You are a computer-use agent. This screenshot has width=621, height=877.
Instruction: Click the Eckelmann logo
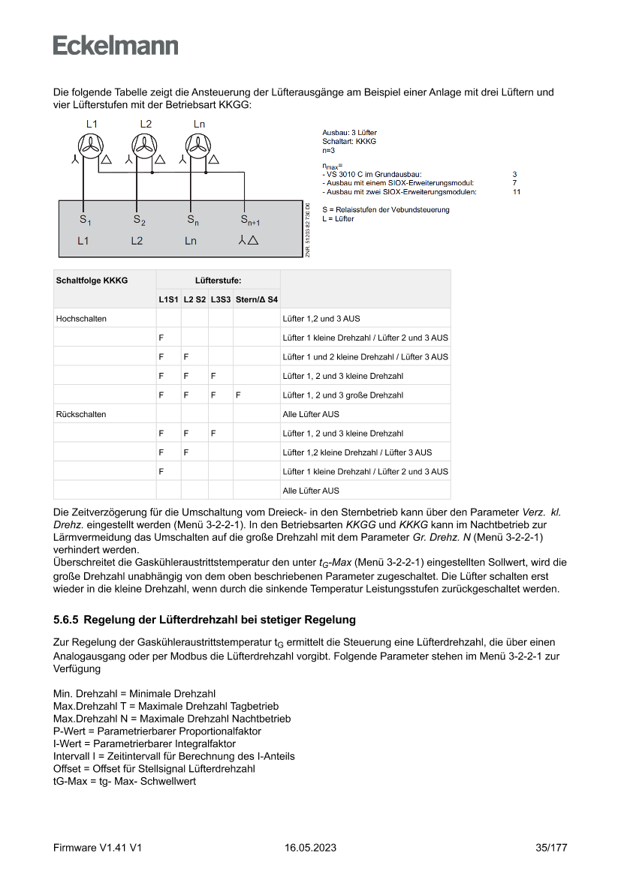coord(116,45)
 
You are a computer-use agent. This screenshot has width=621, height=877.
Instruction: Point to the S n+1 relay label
coord(250,220)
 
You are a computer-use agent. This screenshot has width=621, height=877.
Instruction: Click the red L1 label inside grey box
coord(83,241)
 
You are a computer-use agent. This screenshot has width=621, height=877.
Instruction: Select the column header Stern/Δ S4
coord(256,299)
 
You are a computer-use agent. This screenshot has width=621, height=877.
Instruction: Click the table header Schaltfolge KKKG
coord(92,280)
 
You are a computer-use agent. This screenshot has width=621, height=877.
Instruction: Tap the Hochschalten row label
coord(81,318)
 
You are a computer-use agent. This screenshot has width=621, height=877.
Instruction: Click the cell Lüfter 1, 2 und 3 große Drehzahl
coord(342,395)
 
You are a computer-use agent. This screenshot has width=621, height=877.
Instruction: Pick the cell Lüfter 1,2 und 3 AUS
coord(321,318)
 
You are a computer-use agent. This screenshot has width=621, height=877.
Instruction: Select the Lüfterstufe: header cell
coord(218,280)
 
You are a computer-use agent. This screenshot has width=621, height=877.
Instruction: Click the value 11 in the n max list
coord(517,192)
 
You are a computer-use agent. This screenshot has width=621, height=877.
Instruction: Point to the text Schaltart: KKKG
coord(349,141)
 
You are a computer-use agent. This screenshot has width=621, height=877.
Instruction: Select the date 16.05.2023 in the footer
coord(310,848)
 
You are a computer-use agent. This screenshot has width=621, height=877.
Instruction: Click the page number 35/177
coord(551,848)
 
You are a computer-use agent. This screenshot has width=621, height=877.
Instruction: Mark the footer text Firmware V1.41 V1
coord(98,848)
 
